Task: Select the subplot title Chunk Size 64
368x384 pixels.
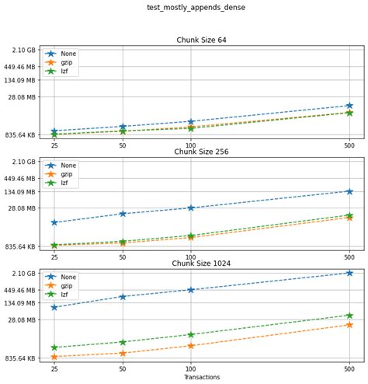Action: pyautogui.click(x=200, y=40)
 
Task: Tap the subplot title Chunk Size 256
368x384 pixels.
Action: pyautogui.click(x=200, y=152)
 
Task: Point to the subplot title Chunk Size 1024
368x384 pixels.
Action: pyautogui.click(x=200, y=263)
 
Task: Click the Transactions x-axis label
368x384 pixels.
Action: pyautogui.click(x=201, y=377)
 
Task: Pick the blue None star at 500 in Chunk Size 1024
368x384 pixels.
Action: pyautogui.click(x=349, y=273)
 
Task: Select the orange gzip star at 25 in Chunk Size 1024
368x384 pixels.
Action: pyautogui.click(x=54, y=357)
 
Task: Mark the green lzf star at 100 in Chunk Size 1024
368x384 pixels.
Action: pyautogui.click(x=191, y=335)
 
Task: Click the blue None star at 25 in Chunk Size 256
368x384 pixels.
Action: pyautogui.click(x=54, y=222)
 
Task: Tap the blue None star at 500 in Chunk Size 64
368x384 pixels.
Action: pyautogui.click(x=349, y=106)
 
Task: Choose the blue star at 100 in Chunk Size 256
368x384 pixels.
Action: pyautogui.click(x=191, y=208)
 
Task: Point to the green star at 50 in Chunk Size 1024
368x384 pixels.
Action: pyautogui.click(x=123, y=342)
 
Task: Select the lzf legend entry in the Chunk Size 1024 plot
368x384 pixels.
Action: pyautogui.click(x=67, y=295)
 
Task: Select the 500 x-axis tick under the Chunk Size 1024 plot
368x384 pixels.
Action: pyautogui.click(x=349, y=368)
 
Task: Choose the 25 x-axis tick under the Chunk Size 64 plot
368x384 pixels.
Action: pyautogui.click(x=54, y=145)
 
